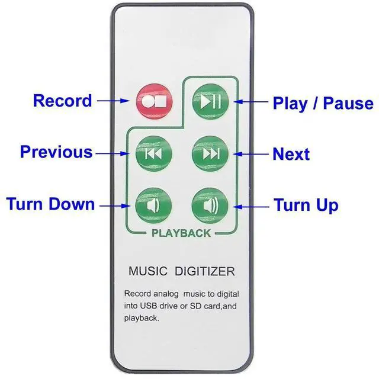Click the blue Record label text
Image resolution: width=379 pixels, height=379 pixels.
(x=62, y=101)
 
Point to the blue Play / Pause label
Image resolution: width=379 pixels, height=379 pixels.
(x=323, y=104)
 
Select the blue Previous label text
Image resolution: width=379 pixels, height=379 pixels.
(x=56, y=152)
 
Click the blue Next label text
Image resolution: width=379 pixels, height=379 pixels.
(x=291, y=155)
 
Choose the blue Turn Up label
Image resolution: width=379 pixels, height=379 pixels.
(x=306, y=205)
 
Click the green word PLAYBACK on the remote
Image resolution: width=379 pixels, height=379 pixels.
(x=181, y=233)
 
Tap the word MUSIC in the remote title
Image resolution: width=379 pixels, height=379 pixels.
(x=148, y=272)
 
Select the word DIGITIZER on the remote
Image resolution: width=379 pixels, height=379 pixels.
(x=204, y=272)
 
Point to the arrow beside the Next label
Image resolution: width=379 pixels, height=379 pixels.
(x=251, y=154)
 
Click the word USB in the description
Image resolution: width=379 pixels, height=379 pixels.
(x=151, y=306)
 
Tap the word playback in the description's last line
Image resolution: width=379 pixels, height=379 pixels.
(x=142, y=318)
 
